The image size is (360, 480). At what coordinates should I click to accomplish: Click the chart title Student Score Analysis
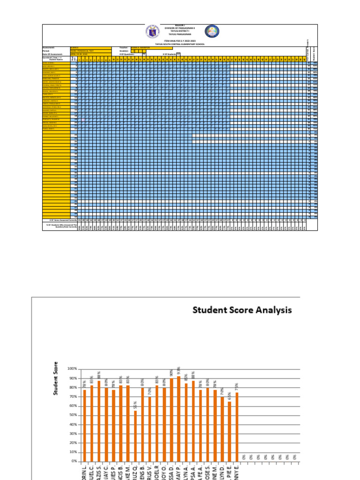[x=242, y=310]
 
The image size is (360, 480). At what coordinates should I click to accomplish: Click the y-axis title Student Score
[x=56, y=378]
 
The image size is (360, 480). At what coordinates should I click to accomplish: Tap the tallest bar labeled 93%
[x=179, y=418]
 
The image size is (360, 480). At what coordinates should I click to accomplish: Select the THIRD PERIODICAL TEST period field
[x=90, y=51]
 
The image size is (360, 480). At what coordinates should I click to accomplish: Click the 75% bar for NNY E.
[x=237, y=427]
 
